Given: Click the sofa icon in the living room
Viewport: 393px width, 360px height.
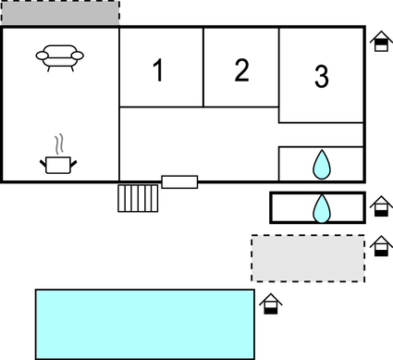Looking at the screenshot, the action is (x=59, y=58).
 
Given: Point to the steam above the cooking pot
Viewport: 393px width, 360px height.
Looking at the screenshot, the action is (x=60, y=143).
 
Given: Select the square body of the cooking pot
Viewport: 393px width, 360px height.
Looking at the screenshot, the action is (x=58, y=165).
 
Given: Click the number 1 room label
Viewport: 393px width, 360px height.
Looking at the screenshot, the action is (x=158, y=70).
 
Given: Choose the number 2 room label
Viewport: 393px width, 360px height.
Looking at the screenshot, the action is (x=241, y=70).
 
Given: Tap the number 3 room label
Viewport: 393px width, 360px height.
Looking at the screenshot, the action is (x=321, y=78).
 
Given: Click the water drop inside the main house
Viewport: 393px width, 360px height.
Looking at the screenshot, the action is (x=321, y=165).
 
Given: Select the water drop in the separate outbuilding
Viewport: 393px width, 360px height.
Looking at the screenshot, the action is (x=321, y=207).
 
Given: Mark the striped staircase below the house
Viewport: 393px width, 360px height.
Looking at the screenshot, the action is (x=138, y=197).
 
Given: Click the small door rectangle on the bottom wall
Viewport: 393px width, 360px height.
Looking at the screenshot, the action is (x=179, y=181).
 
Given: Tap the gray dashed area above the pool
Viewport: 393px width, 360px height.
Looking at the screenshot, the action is (x=308, y=257).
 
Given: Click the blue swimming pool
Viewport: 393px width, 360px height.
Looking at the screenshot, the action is (x=144, y=323).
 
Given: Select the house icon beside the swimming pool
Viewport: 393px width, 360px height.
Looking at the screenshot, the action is (x=270, y=304).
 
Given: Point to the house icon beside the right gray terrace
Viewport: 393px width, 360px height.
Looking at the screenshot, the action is (x=381, y=246).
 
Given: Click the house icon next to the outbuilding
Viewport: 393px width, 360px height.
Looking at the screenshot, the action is (x=379, y=206).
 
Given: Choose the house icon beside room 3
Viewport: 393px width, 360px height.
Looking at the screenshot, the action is (x=380, y=42).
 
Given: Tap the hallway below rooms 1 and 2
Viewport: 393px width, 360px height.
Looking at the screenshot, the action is (x=199, y=139).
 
